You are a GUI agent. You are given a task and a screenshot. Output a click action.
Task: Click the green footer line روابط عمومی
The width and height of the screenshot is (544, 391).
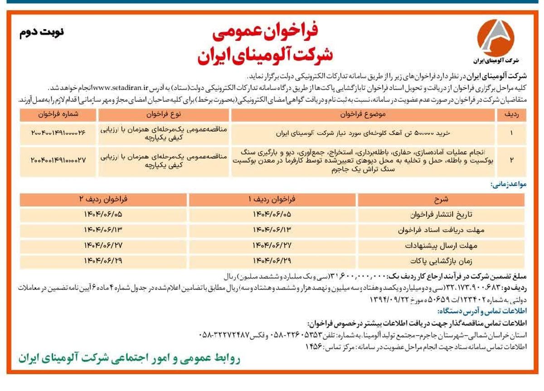pos(130,358)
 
